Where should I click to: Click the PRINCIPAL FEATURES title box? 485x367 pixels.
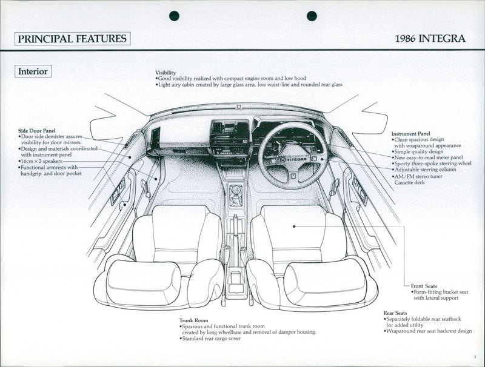coord(72,39)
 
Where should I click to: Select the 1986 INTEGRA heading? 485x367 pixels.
coord(430,39)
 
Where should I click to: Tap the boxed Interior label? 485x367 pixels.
coord(33,71)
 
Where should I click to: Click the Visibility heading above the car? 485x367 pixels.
coord(166,72)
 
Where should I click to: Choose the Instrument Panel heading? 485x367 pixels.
coord(410,133)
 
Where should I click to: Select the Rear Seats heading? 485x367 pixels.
coord(395,313)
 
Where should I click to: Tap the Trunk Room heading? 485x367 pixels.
coord(193,320)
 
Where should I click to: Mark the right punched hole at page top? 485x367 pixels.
coord(312,16)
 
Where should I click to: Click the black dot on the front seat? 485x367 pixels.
coord(294,226)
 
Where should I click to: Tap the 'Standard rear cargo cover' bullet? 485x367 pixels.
coord(211,338)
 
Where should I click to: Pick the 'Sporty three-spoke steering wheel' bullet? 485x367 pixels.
coord(431,164)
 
